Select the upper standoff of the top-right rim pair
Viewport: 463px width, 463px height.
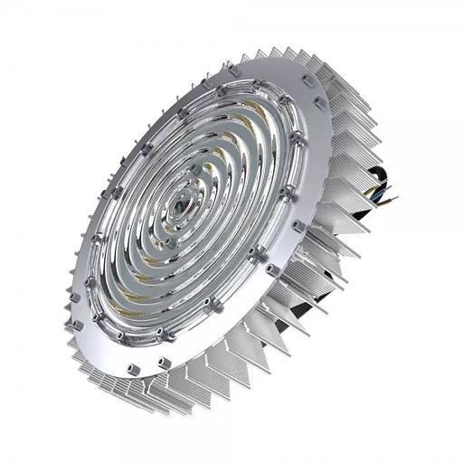tap(305, 78)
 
